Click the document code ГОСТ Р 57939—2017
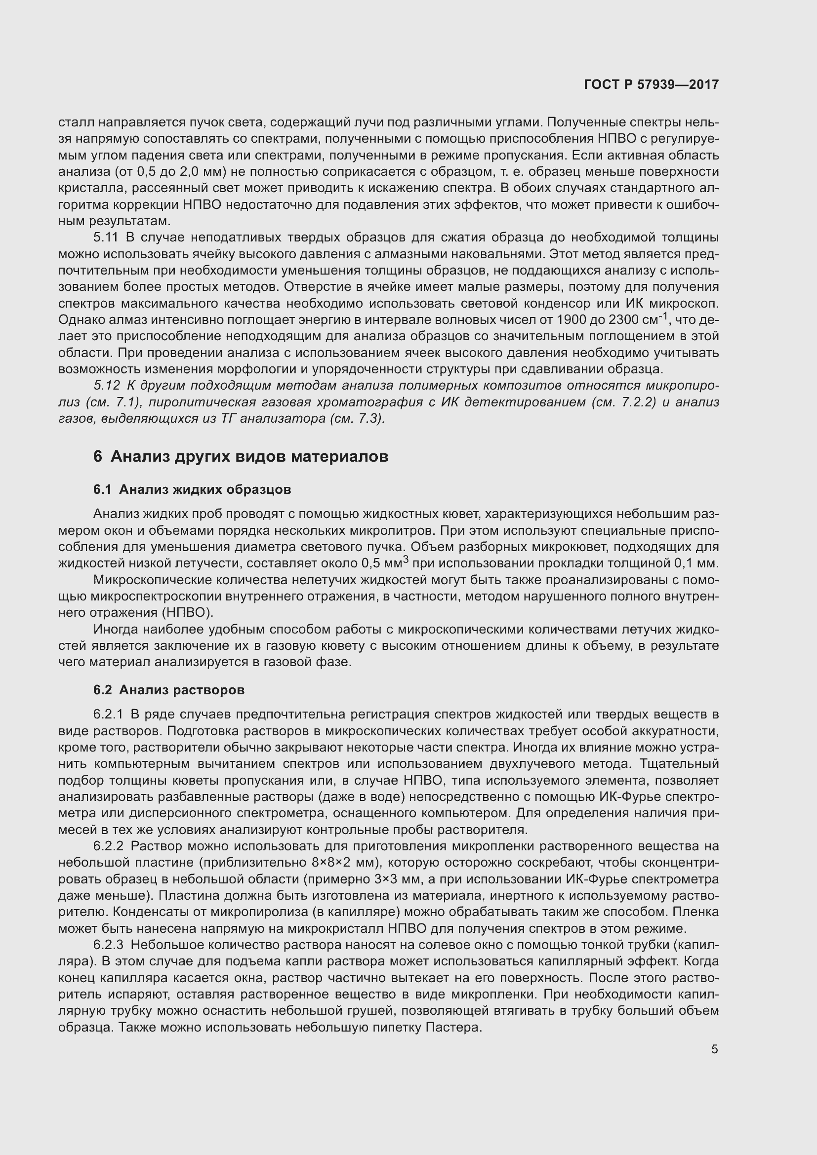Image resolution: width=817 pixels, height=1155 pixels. pos(651,84)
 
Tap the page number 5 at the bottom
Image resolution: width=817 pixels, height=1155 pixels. pos(714,1049)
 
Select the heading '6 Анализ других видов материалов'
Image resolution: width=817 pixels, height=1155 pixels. pos(241,456)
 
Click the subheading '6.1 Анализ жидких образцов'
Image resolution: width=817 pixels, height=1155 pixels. pos(192,489)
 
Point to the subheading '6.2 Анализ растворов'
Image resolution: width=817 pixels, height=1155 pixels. pos(168,690)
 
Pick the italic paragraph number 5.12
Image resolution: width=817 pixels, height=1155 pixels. pos(107,385)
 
